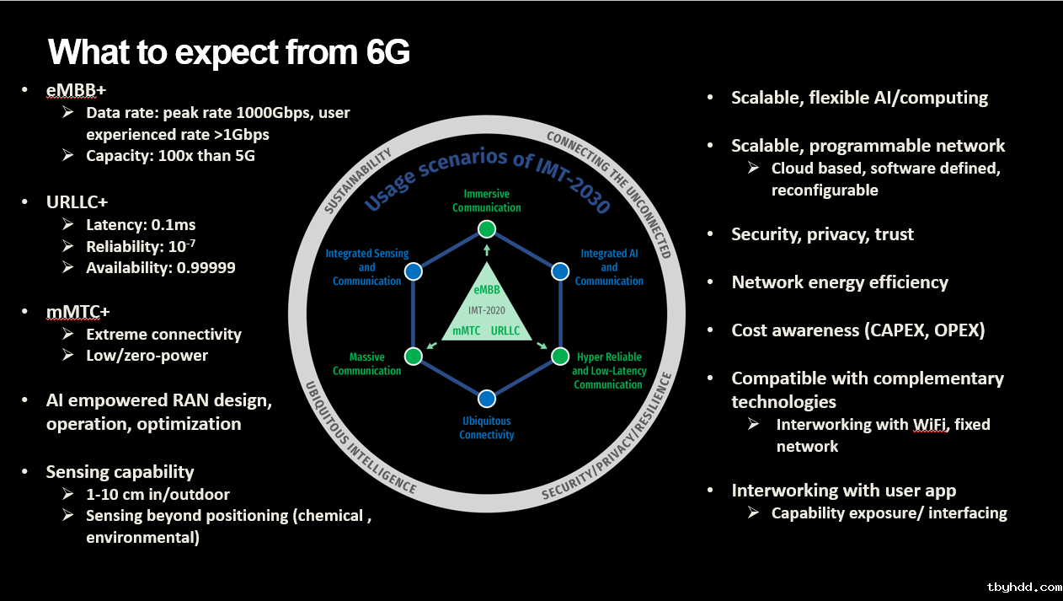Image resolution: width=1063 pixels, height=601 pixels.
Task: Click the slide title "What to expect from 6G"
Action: (229, 51)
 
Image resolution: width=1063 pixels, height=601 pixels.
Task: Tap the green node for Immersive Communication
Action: (486, 229)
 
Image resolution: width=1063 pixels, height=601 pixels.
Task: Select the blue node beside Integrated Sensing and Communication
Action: (414, 271)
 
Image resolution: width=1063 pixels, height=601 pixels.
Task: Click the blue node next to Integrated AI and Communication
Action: (560, 271)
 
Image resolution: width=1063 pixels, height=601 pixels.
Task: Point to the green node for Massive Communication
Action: (414, 356)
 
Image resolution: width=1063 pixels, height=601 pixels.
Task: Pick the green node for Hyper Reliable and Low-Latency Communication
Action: (560, 356)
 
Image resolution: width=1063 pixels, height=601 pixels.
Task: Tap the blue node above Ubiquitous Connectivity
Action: (486, 399)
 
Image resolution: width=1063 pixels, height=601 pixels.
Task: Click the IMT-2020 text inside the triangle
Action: (486, 310)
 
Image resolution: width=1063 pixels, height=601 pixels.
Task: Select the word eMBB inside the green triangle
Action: (486, 290)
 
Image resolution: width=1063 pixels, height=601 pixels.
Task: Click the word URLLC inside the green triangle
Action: (505, 331)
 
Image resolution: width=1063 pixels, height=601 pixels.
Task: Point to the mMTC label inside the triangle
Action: (467, 331)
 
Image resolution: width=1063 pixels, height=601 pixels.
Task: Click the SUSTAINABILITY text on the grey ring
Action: (358, 180)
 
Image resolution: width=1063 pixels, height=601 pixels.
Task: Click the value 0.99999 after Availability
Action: (206, 268)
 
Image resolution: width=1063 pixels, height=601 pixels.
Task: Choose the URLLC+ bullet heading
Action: (77, 202)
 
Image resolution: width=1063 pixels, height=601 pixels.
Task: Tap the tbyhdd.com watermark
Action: (1024, 588)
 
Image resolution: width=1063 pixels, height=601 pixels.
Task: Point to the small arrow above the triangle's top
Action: (486, 250)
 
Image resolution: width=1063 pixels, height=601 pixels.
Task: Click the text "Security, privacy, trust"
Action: (822, 234)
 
